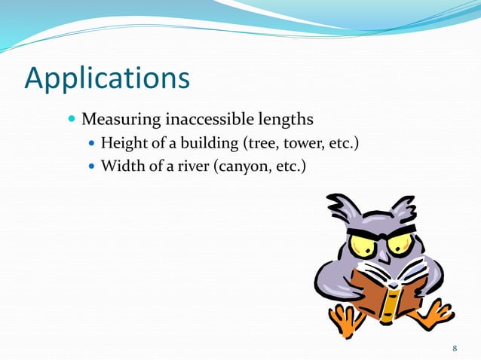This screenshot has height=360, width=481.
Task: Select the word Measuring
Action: (x=116, y=120)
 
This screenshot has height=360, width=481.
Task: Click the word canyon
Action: (x=244, y=164)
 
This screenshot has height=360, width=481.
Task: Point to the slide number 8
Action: (x=455, y=347)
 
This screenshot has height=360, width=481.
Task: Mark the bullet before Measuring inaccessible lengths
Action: (x=72, y=120)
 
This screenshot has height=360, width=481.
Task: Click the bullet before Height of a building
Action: (x=93, y=142)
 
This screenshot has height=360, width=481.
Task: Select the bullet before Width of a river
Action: (x=93, y=164)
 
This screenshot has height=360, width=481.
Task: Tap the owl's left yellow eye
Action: (x=361, y=246)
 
